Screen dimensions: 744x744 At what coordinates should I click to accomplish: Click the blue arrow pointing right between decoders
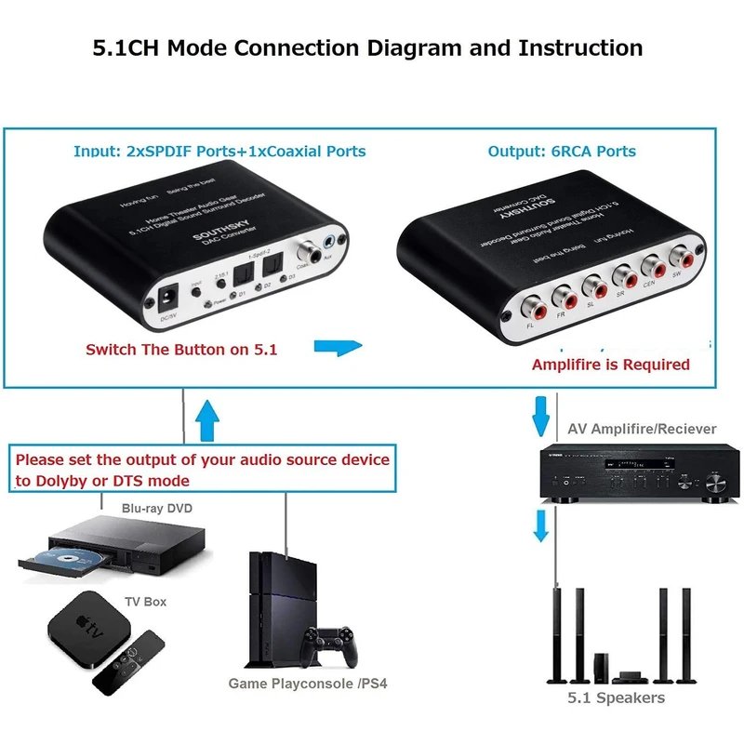pyautogui.click(x=336, y=348)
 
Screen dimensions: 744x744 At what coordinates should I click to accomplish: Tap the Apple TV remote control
pyautogui.click(x=130, y=662)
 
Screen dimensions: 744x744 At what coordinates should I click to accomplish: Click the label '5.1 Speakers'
pyautogui.click(x=617, y=697)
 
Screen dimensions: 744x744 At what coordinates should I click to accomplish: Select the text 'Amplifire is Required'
pyautogui.click(x=610, y=365)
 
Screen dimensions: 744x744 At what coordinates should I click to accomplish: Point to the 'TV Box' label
pyautogui.click(x=145, y=602)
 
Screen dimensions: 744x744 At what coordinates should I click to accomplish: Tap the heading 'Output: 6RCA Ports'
pyautogui.click(x=562, y=151)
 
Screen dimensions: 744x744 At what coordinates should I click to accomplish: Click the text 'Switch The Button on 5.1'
pyautogui.click(x=181, y=350)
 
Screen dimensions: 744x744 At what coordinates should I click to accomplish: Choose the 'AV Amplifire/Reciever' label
pyautogui.click(x=642, y=429)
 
